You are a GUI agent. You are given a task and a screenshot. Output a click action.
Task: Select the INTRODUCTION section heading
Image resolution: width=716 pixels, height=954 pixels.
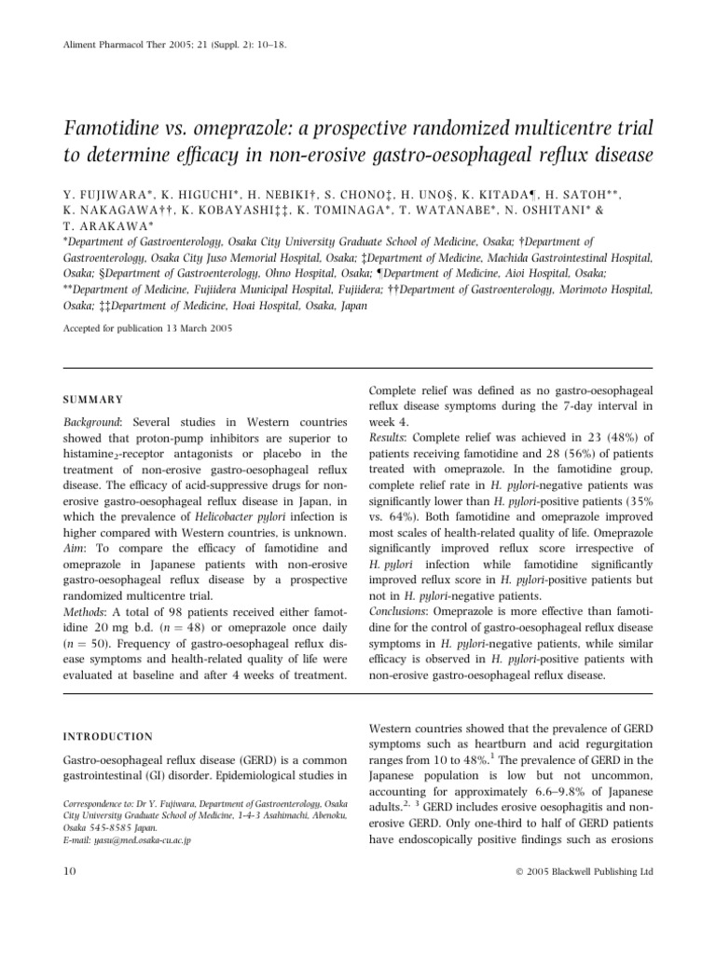point(108,736)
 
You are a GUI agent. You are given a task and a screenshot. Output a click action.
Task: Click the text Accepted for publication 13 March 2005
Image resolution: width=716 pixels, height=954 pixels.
point(148,329)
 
